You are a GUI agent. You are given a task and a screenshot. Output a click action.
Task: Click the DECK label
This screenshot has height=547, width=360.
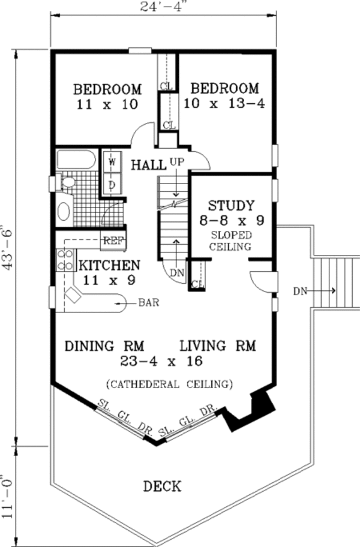click(x=162, y=486)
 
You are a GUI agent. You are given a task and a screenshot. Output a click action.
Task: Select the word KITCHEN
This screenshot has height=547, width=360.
click(x=110, y=265)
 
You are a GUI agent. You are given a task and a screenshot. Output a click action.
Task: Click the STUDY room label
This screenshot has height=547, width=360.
click(x=231, y=206)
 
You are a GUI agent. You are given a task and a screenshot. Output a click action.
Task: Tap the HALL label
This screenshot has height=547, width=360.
click(x=148, y=165)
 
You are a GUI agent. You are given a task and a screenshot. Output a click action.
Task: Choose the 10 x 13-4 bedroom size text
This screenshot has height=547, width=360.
click(x=224, y=104)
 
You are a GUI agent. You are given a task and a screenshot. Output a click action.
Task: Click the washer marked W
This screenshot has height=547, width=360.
click(x=112, y=162)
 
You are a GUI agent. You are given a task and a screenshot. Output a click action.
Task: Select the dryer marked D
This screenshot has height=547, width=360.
click(x=112, y=185)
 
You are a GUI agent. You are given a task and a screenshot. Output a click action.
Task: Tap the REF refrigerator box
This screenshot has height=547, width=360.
click(x=113, y=241)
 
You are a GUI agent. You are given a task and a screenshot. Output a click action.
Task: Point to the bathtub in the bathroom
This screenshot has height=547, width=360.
click(x=76, y=160)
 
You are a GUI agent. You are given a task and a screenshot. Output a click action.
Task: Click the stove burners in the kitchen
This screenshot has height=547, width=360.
click(x=65, y=260)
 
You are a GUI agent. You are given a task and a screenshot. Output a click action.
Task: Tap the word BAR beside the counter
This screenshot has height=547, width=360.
click(x=149, y=302)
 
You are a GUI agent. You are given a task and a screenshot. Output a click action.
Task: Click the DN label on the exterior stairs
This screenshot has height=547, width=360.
click(x=300, y=290)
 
